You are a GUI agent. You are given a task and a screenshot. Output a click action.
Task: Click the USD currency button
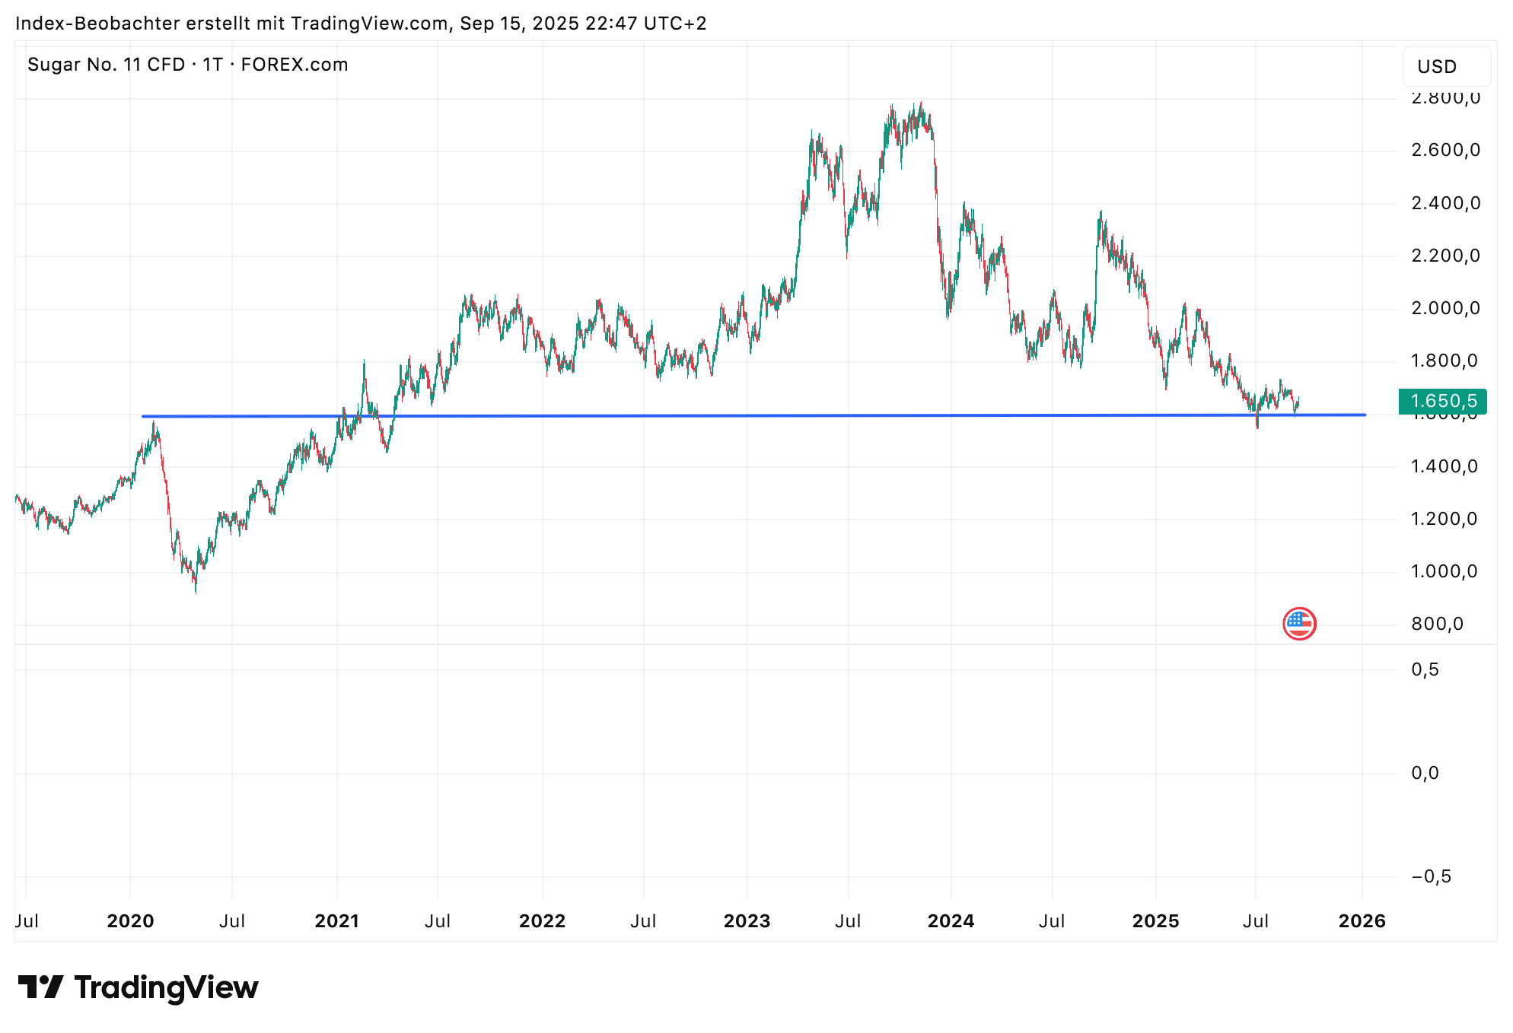point(1436,67)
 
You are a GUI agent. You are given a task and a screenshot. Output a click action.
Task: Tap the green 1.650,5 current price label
point(1443,401)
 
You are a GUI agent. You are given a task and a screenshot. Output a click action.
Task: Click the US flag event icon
point(1299,624)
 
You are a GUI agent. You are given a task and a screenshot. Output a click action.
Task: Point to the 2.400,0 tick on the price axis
point(1445,203)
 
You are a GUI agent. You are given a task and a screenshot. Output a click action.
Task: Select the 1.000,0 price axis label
point(1444,571)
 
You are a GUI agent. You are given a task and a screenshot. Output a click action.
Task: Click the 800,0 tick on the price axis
point(1437,624)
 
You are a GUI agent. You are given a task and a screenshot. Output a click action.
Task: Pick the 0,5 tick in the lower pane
point(1425,669)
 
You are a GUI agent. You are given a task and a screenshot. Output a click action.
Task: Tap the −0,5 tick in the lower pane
point(1431,876)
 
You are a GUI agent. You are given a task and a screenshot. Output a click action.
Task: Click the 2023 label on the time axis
point(747,921)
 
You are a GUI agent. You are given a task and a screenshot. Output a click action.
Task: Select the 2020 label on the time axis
point(130,921)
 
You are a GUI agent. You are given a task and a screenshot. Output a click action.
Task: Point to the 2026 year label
point(1362,921)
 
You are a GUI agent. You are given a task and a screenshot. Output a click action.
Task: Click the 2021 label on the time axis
point(336,921)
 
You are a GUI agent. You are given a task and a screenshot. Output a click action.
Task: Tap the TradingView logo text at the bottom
point(166,987)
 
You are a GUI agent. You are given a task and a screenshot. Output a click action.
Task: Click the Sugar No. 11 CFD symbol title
point(107,65)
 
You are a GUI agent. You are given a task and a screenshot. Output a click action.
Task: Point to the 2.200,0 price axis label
point(1445,256)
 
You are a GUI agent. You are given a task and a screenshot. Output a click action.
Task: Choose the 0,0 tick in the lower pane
point(1425,773)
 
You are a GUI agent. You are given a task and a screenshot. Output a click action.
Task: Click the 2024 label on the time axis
point(951,921)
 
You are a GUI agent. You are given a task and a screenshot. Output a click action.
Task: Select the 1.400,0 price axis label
point(1444,466)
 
